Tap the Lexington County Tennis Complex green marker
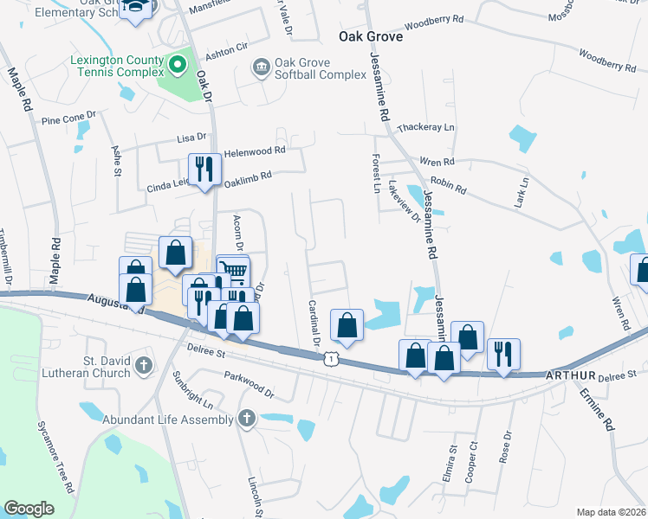click(x=178, y=64)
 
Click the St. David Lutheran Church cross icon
click(x=143, y=367)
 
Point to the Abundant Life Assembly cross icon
click(x=247, y=420)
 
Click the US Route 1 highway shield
click(x=331, y=356)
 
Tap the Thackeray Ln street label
click(x=425, y=128)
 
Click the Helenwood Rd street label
click(x=255, y=151)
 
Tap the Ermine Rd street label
click(x=609, y=413)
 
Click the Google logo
click(x=29, y=509)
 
